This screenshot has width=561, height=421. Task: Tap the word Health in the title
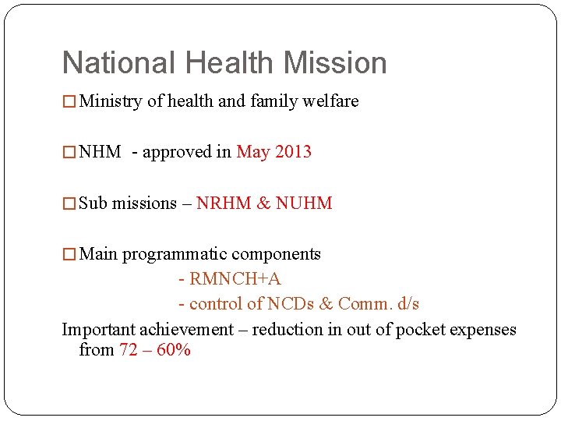click(x=226, y=63)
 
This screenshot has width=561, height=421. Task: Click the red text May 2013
click(x=273, y=152)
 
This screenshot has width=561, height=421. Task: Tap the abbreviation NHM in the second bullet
click(x=101, y=152)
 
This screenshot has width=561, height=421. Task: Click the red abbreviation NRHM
click(x=224, y=203)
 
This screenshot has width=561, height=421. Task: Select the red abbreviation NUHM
click(x=304, y=203)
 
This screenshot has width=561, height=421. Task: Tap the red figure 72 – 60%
click(x=155, y=350)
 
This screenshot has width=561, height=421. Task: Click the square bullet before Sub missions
click(x=69, y=204)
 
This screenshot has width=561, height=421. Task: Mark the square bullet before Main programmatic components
click(x=69, y=255)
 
